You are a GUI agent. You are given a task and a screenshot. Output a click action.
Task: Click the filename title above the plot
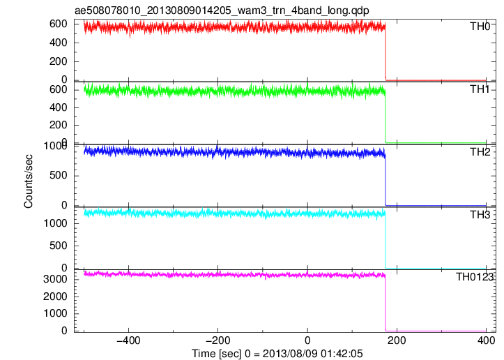point(222,10)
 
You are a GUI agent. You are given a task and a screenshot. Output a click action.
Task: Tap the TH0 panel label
point(480,27)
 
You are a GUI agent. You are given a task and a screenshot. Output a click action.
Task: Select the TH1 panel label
point(480,89)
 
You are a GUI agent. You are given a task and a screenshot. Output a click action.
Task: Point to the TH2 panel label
point(480,152)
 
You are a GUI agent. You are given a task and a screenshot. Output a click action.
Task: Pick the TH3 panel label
point(480,215)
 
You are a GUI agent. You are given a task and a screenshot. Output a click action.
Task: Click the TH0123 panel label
point(475,277)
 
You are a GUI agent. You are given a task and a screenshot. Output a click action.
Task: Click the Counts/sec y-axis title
point(29,181)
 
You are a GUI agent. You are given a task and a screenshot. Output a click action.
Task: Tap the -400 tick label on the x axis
point(128,340)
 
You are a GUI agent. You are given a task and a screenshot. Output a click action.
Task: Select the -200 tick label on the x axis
point(218,340)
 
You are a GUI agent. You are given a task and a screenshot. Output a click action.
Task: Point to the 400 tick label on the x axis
point(486,340)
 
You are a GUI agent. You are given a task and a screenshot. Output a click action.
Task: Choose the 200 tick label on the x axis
point(397,340)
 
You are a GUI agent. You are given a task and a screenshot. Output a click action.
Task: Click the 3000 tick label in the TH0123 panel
point(55,279)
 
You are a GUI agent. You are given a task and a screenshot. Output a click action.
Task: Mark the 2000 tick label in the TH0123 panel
point(55,297)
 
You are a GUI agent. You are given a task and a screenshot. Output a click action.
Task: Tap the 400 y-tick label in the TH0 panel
point(58,43)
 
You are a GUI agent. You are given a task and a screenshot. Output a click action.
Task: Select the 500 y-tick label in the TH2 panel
point(58,175)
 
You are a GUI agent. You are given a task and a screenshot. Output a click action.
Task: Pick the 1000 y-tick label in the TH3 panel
point(55,223)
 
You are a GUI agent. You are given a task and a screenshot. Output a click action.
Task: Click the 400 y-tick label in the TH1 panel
point(58,107)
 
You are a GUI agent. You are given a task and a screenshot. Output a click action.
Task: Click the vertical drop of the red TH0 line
point(385,53)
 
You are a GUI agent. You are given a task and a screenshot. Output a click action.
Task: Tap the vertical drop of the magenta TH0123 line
point(385,303)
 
